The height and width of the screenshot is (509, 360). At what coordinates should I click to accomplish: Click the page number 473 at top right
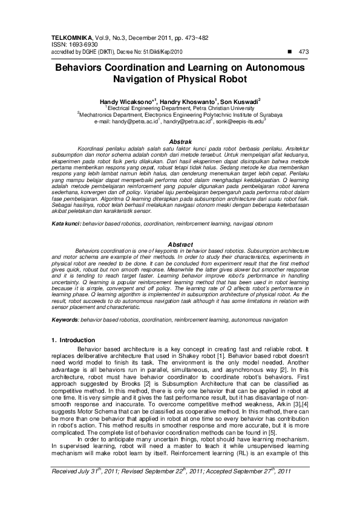(304, 51)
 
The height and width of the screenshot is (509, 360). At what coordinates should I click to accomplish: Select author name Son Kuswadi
(240, 101)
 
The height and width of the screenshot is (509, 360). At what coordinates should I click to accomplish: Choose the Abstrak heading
(179, 141)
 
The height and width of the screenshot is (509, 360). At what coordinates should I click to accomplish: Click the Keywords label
(64, 319)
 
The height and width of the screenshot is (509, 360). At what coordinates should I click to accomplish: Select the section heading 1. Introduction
(73, 340)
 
